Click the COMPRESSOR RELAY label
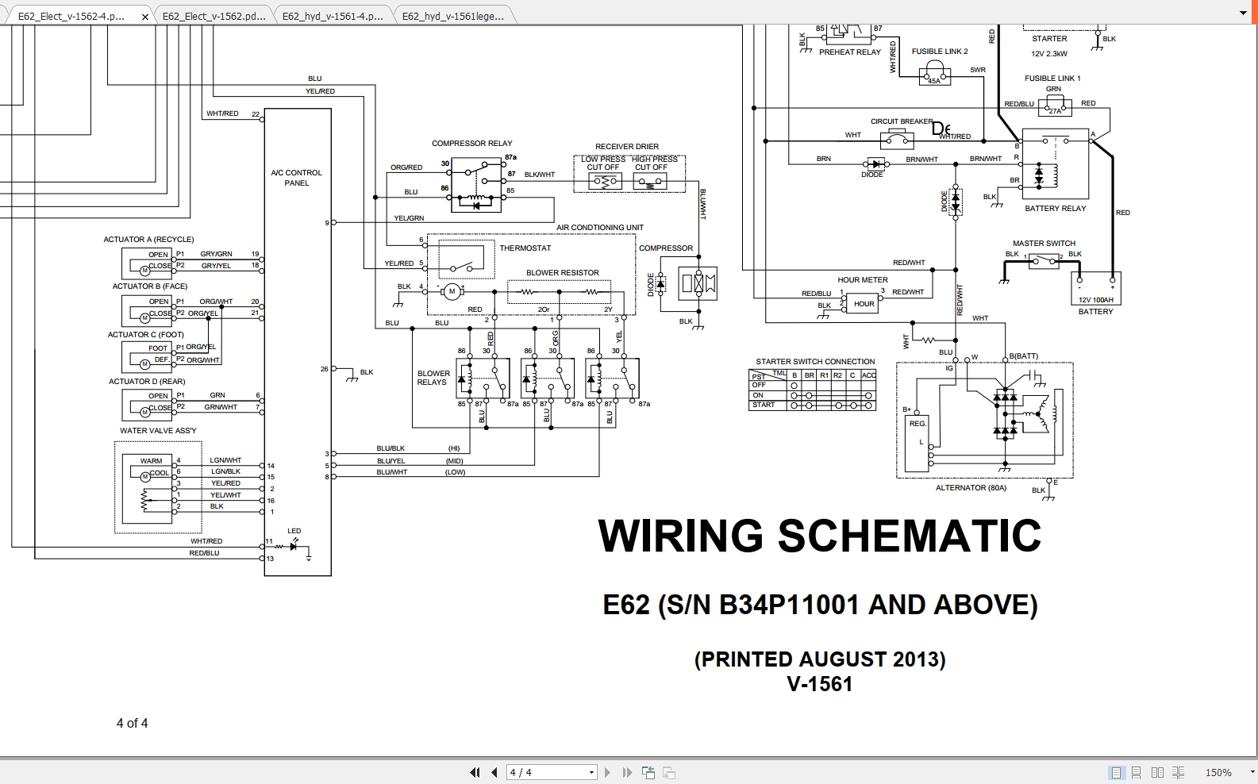pyautogui.click(x=471, y=144)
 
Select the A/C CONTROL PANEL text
pyautogui.click(x=296, y=178)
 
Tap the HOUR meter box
pyautogui.click(x=864, y=304)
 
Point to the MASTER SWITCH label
pyautogui.click(x=1044, y=244)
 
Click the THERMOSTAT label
pyautogui.click(x=525, y=248)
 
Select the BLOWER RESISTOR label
pyautogui.click(x=562, y=273)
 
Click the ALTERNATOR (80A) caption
pyautogui.click(x=970, y=488)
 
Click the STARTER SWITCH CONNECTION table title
pyautogui.click(x=815, y=362)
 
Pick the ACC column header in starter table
pyautogui.click(x=868, y=375)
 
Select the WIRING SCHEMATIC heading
pyautogui.click(x=819, y=536)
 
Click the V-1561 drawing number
pyautogui.click(x=819, y=684)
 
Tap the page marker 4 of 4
pyautogui.click(x=132, y=724)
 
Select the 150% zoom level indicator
pyautogui.click(x=1218, y=772)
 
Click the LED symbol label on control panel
pyautogui.click(x=294, y=532)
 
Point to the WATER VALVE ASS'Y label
pyautogui.click(x=158, y=431)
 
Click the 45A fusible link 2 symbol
pyautogui.click(x=934, y=77)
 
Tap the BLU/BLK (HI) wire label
pyautogui.click(x=390, y=449)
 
